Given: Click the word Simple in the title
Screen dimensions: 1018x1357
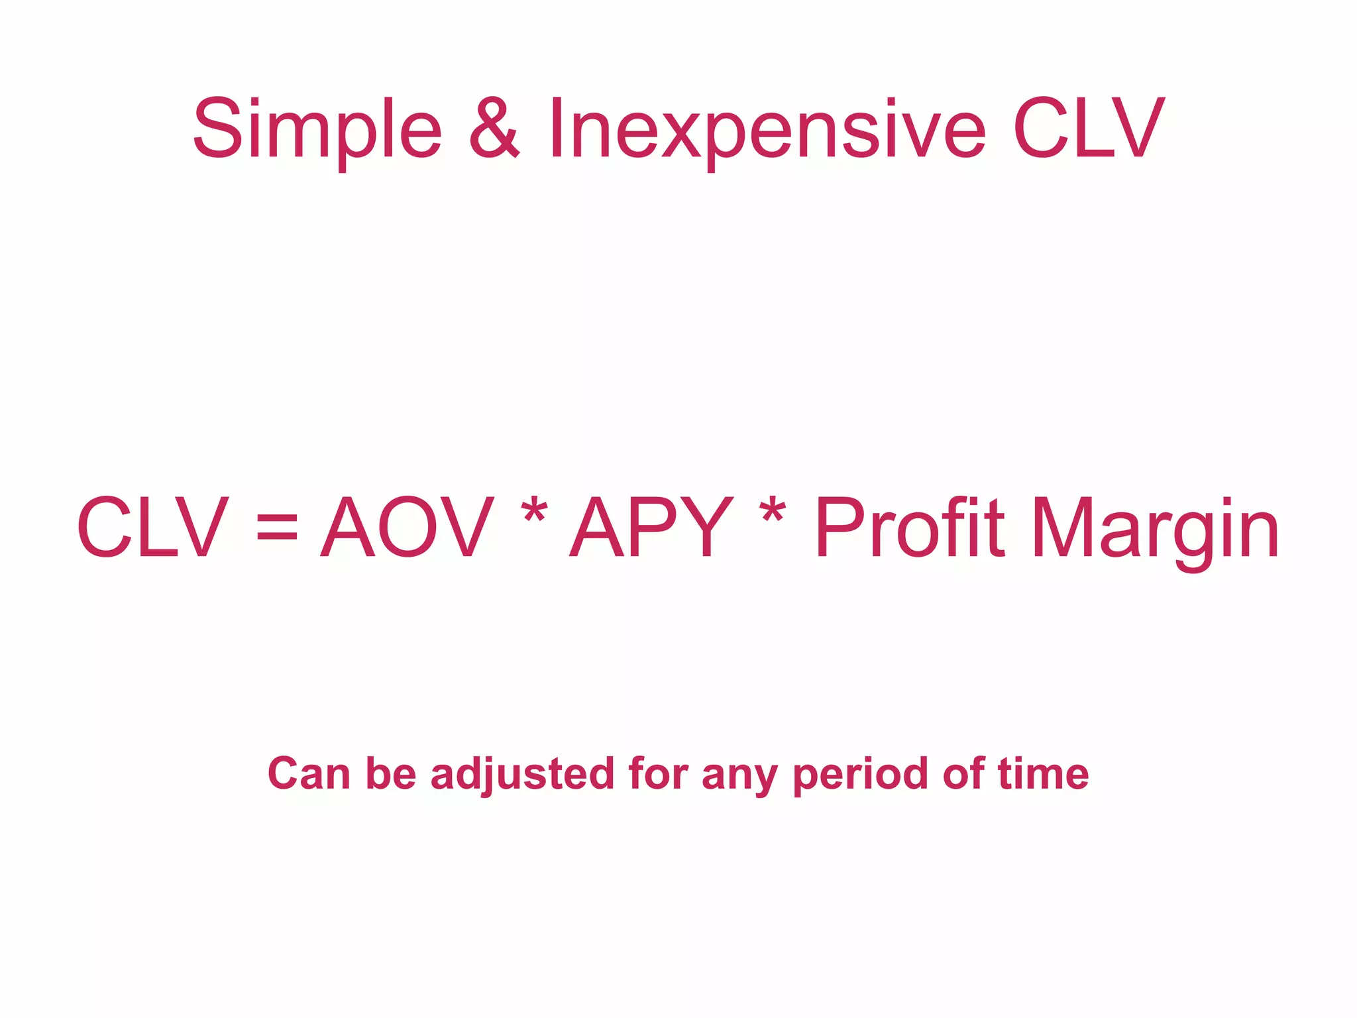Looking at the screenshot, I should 317,130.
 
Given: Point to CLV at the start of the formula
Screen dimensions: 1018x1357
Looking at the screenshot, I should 153,528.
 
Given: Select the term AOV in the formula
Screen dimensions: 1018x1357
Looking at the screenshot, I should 407,528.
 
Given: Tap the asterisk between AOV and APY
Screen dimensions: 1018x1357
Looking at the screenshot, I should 534,514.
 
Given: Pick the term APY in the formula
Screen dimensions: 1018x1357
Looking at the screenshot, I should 652,528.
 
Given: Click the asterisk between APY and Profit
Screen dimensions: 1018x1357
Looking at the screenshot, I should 773,514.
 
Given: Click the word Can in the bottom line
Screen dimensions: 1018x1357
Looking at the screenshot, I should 309,774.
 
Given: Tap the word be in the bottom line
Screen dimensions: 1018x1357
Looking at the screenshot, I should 391,774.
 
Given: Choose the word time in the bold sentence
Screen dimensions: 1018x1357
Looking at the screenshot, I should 1044,774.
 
